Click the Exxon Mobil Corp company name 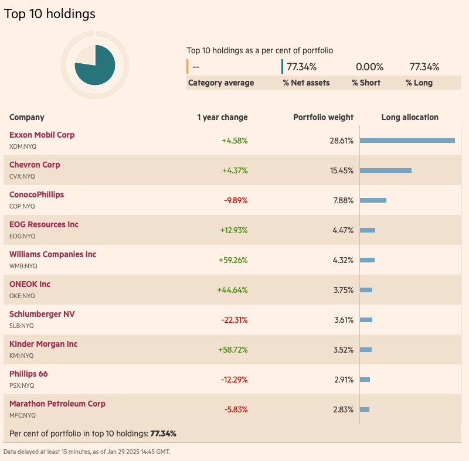[x=42, y=135]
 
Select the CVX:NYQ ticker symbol [x=22, y=176]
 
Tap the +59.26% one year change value [x=233, y=260]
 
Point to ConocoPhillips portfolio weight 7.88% [x=343, y=200]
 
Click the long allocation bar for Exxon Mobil [x=407, y=141]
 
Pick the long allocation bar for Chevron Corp [x=385, y=170]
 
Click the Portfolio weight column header [x=323, y=117]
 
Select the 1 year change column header [x=222, y=117]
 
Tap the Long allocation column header [x=410, y=117]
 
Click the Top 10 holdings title [x=50, y=14]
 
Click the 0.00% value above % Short [x=369, y=67]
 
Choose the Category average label [x=221, y=83]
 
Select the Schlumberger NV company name [x=42, y=314]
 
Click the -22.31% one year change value [x=235, y=320]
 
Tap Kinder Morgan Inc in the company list [x=43, y=344]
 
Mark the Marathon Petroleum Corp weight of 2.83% [x=343, y=409]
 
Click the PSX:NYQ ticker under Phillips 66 [x=22, y=385]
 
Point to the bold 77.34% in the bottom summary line [x=164, y=433]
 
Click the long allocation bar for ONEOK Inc [x=366, y=290]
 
